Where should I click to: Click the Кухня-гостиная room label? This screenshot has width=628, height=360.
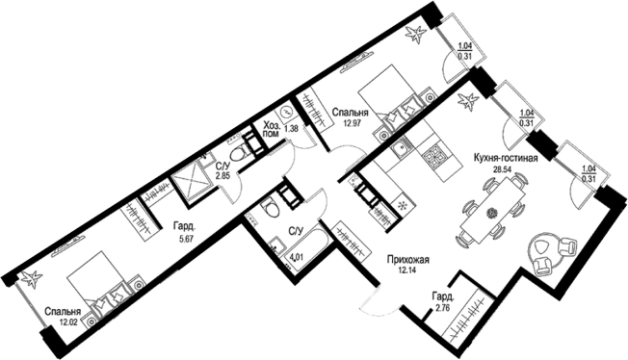click(x=505, y=158)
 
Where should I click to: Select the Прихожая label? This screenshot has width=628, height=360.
click(x=408, y=260)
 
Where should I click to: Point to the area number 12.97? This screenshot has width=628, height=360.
click(x=353, y=123)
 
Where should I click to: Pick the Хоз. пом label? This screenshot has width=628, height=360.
click(x=272, y=129)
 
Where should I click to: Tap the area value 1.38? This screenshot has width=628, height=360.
click(x=291, y=129)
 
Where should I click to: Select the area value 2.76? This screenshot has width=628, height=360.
click(x=441, y=308)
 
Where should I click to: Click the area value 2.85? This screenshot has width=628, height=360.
click(x=222, y=176)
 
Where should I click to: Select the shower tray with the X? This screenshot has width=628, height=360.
click(x=191, y=181)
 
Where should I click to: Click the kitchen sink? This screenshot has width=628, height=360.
click(x=400, y=150)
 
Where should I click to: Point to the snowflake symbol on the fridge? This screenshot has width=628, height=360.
click(x=401, y=205)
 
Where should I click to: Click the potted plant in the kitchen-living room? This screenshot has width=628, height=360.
click(x=469, y=101)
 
